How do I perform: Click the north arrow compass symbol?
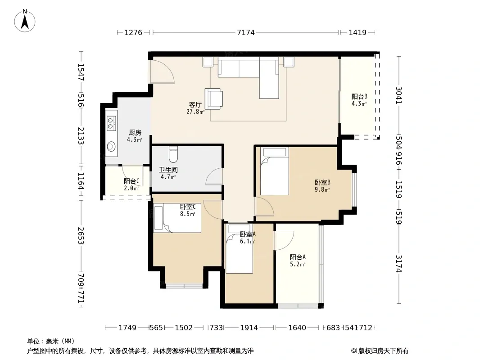click(25, 21)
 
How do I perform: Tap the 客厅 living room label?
click(195, 104)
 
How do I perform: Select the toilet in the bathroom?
click(173, 154)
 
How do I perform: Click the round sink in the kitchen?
click(111, 147)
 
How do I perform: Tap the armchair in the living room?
click(214, 99)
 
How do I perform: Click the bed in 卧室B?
click(275, 171)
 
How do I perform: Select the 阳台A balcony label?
click(298, 257)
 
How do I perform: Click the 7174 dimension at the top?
click(246, 32)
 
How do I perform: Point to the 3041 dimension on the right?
click(398, 95)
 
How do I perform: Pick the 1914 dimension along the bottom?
click(249, 328)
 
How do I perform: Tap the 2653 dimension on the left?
click(81, 235)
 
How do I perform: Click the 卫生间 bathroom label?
click(168, 170)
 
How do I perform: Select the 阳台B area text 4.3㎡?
click(359, 103)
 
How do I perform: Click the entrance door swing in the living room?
click(162, 71)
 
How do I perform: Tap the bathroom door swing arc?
click(214, 176)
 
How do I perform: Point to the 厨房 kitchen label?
click(135, 132)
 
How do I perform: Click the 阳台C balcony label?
click(131, 181)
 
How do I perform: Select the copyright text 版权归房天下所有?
click(383, 351)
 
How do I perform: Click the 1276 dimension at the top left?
click(133, 32)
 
